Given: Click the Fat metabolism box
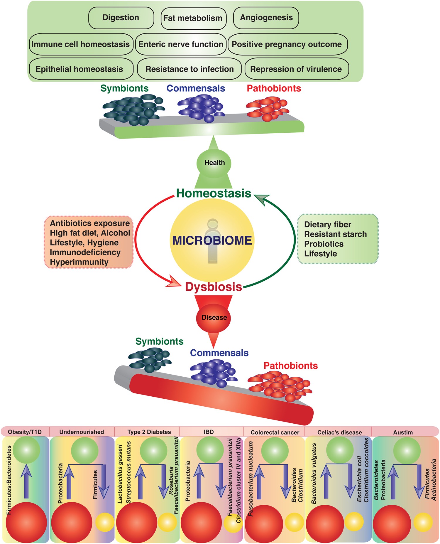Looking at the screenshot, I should [x=193, y=18].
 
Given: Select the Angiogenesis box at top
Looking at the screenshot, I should [x=266, y=18].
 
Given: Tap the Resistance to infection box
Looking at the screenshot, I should [x=189, y=69].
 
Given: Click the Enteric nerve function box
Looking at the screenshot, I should [x=181, y=44].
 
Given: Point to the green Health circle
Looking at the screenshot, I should [x=214, y=163].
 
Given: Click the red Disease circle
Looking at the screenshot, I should [x=214, y=318].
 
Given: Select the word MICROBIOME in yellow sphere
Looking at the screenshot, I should [x=212, y=240].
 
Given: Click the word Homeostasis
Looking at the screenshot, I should [x=214, y=193].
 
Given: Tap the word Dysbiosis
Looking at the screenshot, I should [x=214, y=287].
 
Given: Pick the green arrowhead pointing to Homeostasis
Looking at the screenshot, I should [x=262, y=200].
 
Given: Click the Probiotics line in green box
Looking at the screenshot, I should [x=324, y=244].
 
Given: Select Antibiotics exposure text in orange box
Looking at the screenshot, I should [x=90, y=223].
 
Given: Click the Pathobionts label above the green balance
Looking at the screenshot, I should [x=274, y=88].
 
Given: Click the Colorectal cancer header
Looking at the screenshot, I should [x=275, y=432].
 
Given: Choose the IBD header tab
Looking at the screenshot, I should [x=209, y=432].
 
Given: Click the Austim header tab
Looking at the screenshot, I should [x=403, y=432].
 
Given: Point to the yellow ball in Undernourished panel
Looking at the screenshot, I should [x=105, y=522].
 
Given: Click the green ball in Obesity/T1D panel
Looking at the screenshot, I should [x=26, y=450].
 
